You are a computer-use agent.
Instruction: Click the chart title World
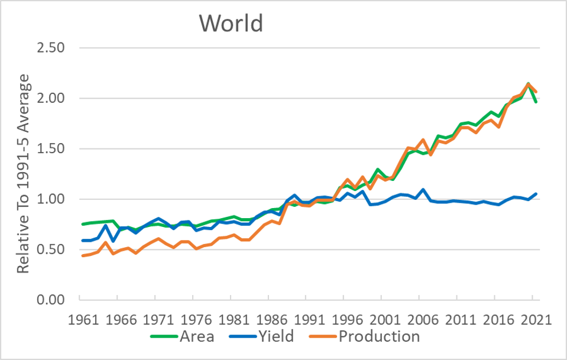(231, 23)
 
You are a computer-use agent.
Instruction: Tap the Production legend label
(379, 337)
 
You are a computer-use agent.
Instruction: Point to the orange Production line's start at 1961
(83, 255)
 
